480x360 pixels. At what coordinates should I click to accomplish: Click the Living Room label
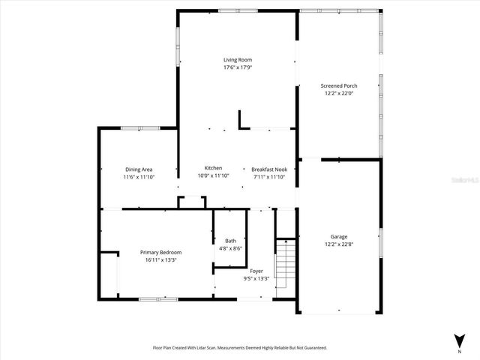237,59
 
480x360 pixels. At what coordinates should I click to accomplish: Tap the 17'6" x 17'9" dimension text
237,67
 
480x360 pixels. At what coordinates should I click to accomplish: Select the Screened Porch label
340,85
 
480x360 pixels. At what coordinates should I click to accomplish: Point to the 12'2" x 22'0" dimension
340,94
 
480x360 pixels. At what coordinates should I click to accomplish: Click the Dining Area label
139,169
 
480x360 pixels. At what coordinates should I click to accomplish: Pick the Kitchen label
213,167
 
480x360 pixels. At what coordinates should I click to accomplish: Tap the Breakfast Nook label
269,169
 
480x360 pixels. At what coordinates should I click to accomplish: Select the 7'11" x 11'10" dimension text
269,176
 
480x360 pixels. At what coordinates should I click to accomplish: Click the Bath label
230,241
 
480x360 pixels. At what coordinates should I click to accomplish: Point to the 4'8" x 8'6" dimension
230,248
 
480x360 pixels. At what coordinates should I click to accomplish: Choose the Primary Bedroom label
160,252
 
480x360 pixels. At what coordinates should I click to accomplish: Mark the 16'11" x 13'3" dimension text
160,259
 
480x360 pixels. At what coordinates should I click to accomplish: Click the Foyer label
256,271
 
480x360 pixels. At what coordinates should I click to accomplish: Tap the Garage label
339,236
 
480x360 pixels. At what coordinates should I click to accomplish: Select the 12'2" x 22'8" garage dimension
339,244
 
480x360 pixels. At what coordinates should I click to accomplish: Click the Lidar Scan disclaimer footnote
240,348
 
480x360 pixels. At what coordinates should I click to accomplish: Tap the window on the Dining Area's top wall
139,128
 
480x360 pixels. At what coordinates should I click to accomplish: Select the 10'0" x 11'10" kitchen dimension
213,175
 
